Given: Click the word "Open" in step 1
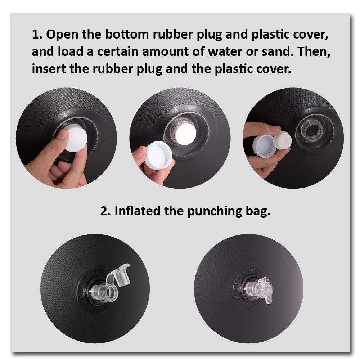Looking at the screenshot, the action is (x=62, y=35).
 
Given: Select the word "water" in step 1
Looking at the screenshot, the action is (x=225, y=51).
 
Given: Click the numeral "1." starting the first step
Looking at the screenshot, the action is (x=37, y=35).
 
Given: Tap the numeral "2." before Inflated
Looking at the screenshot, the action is (x=105, y=211).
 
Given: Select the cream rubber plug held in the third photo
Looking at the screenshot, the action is (x=283, y=140).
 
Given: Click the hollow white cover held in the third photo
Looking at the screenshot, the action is (x=264, y=146).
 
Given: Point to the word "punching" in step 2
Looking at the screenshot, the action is (x=215, y=211).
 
